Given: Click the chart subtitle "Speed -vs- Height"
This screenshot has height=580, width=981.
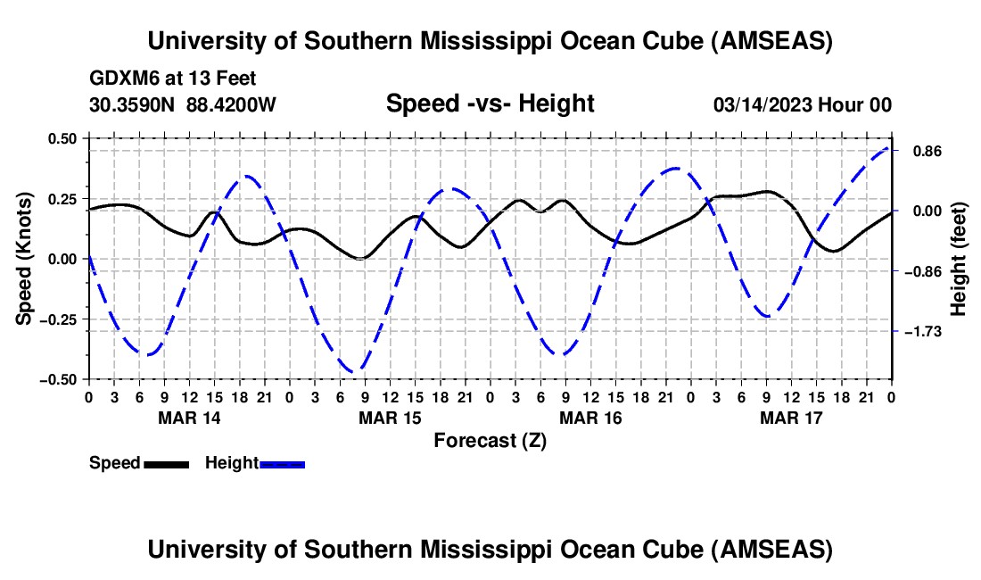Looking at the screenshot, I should pyautogui.click(x=490, y=104).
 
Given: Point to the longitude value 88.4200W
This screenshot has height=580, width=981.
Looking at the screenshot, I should pyautogui.click(x=232, y=105).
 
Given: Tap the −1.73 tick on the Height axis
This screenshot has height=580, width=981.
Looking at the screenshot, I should pyautogui.click(x=925, y=332).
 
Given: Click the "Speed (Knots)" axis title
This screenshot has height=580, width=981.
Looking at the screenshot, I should pyautogui.click(x=26, y=259).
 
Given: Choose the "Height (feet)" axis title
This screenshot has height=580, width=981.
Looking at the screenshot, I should pyautogui.click(x=959, y=259).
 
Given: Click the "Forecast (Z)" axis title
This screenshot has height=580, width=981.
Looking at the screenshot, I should pyautogui.click(x=490, y=440).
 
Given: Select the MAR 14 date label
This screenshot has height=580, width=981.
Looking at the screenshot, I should pyautogui.click(x=188, y=417).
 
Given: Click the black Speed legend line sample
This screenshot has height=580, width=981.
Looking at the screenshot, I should pyautogui.click(x=166, y=464).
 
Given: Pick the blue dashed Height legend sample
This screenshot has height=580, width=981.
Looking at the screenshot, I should pyautogui.click(x=282, y=464).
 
